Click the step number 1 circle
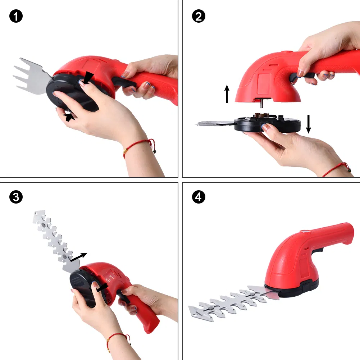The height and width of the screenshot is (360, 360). point(16,17)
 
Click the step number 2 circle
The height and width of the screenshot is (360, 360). point(199,17)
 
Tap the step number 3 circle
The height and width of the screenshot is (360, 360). point(16,197)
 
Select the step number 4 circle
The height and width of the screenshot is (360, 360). point(199,197)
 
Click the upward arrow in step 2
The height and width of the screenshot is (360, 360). point(227,94)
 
